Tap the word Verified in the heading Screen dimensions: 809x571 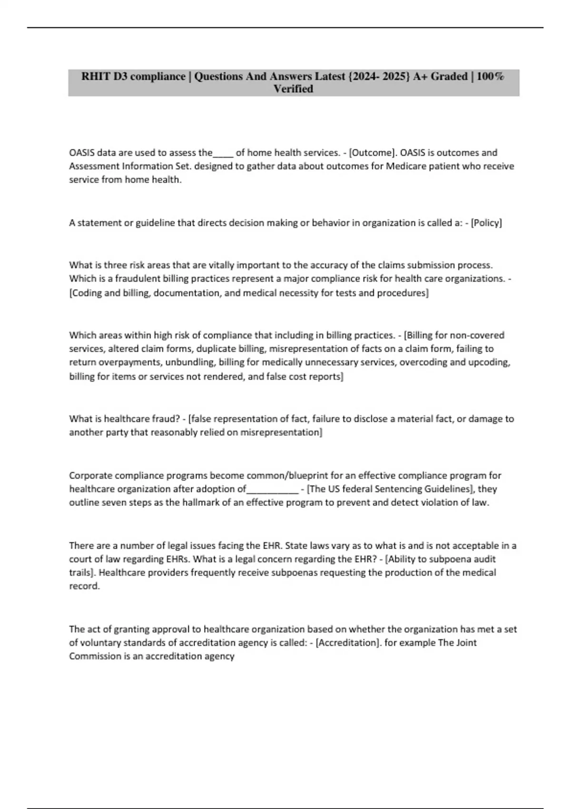coord(293,89)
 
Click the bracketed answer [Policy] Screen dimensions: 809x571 coord(486,223)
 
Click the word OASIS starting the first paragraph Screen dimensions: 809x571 coord(82,153)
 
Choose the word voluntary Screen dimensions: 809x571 coord(100,643)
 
